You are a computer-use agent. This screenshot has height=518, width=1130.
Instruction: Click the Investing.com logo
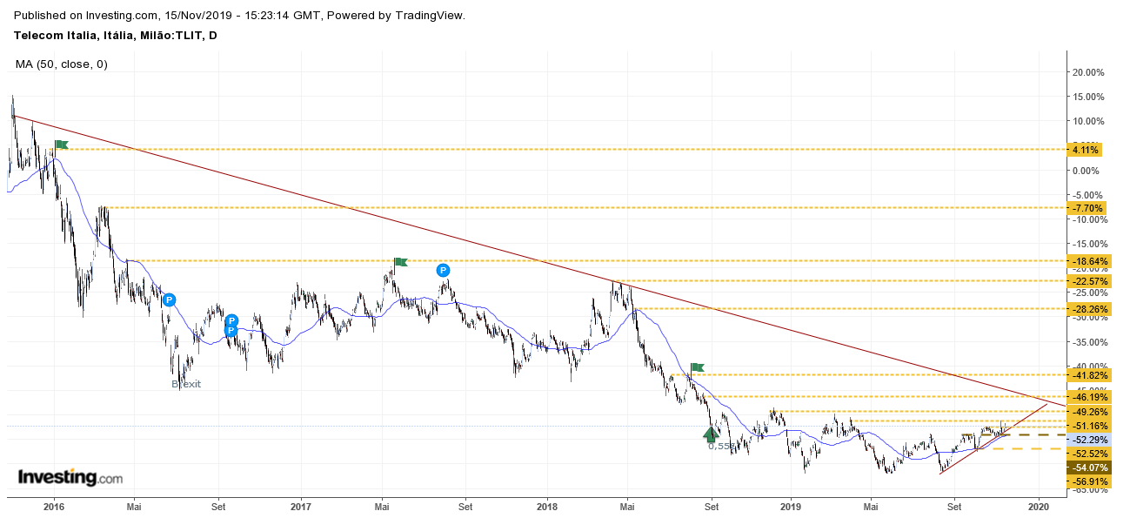click(x=70, y=478)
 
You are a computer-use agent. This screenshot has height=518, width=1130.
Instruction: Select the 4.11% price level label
click(x=1087, y=150)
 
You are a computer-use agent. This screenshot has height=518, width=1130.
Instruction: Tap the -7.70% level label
click(x=1087, y=208)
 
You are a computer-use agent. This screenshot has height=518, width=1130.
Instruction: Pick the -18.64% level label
click(x=1087, y=261)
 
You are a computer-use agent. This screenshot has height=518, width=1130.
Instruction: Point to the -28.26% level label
click(x=1087, y=309)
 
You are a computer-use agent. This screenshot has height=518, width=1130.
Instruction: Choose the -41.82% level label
click(x=1087, y=375)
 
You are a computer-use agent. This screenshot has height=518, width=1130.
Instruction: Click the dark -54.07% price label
click(x=1087, y=468)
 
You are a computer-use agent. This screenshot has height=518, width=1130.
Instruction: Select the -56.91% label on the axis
click(x=1087, y=481)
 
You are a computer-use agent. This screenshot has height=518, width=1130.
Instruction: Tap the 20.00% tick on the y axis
click(x=1087, y=72)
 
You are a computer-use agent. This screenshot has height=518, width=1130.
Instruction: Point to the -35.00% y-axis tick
click(x=1087, y=342)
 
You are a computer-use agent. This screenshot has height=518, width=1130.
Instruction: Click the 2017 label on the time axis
click(x=301, y=505)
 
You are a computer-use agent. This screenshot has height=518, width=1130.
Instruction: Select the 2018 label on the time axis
click(x=547, y=505)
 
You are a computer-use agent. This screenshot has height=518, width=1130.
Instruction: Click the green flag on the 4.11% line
click(x=61, y=145)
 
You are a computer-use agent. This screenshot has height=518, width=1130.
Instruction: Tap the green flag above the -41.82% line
click(x=697, y=367)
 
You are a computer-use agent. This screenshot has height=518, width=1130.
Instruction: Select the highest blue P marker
click(x=444, y=270)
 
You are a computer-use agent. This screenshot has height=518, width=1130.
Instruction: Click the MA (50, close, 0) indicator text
click(x=61, y=64)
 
